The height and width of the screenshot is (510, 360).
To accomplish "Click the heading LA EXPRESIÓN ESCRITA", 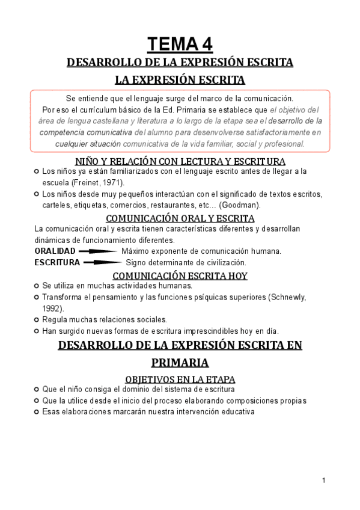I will [180, 79].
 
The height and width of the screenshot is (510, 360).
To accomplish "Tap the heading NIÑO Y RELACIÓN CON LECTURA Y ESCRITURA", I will [180, 161].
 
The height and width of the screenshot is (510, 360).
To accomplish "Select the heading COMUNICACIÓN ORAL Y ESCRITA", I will [180, 218].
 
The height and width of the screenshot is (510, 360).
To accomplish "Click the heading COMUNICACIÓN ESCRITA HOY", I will [180, 275].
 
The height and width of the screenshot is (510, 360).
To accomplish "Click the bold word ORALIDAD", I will [55, 251].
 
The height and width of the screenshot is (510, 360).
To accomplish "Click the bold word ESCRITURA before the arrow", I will [57, 262].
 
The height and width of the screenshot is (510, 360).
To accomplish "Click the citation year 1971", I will [111, 182].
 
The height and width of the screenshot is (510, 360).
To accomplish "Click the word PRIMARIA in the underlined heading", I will [180, 363].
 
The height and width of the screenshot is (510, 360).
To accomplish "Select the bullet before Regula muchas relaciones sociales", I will [37, 319].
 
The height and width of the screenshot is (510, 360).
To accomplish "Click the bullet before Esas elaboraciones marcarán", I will [37, 412].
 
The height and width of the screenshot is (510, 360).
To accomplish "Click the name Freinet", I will [84, 182].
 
